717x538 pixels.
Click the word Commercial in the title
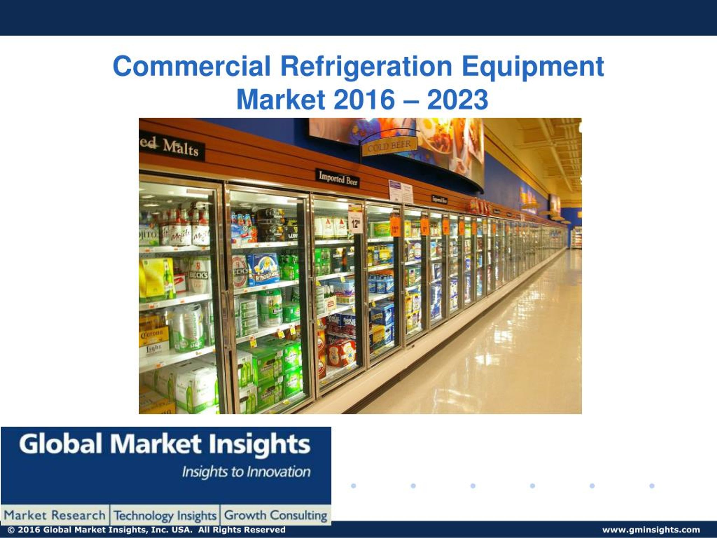(192, 66)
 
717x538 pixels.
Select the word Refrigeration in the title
(366, 66)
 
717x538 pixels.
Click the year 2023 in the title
(457, 99)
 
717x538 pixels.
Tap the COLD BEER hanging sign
(389, 146)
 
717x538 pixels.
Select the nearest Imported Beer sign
(337, 178)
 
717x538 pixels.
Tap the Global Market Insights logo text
(165, 444)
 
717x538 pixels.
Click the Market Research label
(54, 515)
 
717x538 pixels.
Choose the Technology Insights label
(165, 515)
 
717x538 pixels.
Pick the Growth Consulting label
(276, 515)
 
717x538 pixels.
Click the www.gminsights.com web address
(651, 530)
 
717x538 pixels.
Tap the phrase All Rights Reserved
(242, 530)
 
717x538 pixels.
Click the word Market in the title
(281, 99)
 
